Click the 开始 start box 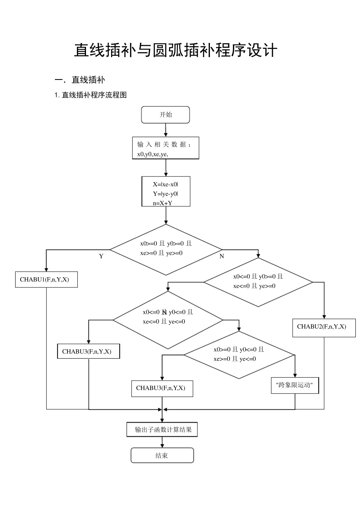pos(165,115)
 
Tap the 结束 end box pos(162,455)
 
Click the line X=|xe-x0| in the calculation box pos(166,184)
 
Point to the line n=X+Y pos(163,203)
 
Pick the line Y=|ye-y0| pos(166,194)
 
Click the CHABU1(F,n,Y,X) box pos(46,279)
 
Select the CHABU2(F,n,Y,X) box pos(324,327)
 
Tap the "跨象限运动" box pos(295,385)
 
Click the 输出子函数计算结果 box pos(162,430)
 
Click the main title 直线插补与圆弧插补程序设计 pos(176,50)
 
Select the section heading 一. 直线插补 pos(80,80)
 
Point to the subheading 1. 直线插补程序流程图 pos(91,95)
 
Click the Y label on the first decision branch pos(101,256)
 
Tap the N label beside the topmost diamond pos(222,256)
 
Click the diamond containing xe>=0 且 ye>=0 pos(166,250)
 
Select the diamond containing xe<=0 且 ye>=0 pos(258,282)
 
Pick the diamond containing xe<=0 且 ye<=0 pos(168,320)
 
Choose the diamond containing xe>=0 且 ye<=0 pos(239,355)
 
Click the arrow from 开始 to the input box pos(166,130)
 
